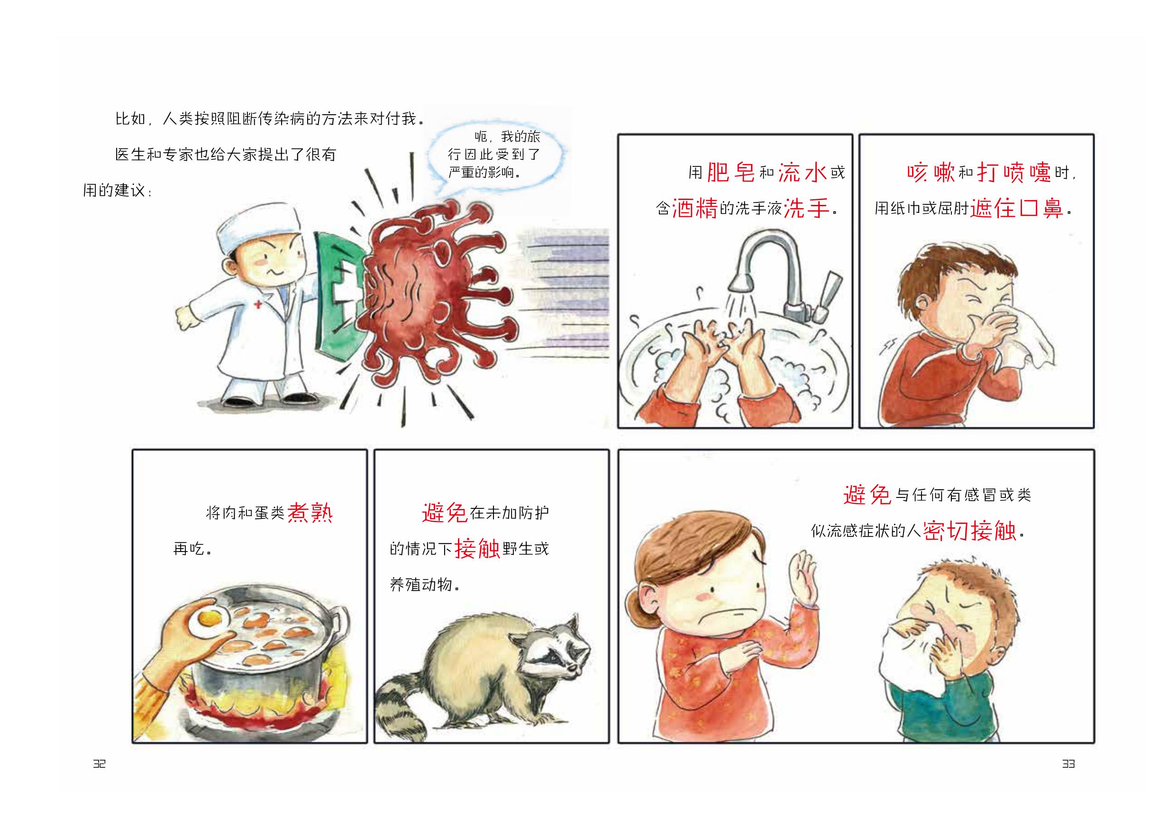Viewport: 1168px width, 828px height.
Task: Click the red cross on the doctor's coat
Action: click(x=258, y=304)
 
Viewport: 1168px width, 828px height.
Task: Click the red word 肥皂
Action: click(x=731, y=172)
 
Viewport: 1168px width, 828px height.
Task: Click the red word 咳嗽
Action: click(x=931, y=172)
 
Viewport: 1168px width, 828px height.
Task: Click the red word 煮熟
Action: click(x=310, y=512)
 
